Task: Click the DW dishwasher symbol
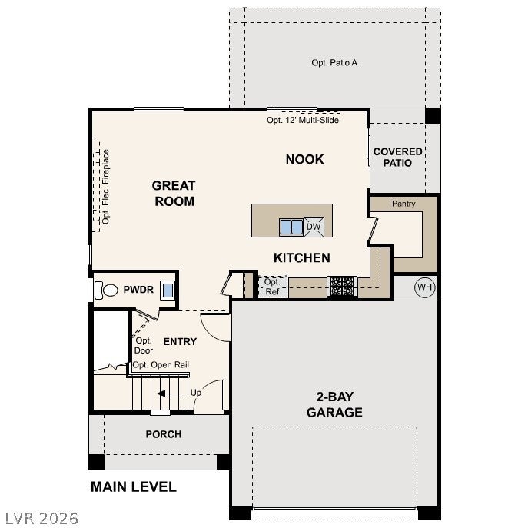314,227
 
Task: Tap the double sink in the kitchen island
291,227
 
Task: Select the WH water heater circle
424,287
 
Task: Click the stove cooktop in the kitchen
342,287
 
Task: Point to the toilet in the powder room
106,290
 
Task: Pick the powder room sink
168,290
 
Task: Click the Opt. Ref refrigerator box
272,287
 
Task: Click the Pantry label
403,204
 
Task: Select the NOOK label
305,159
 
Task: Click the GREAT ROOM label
174,193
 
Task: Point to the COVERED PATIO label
397,158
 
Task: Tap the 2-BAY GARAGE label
335,404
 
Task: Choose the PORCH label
164,434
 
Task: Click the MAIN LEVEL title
134,487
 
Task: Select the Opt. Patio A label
334,62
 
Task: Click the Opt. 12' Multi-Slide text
303,120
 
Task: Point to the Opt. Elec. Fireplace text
106,187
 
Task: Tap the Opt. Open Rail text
161,365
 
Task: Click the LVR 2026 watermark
42,518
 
